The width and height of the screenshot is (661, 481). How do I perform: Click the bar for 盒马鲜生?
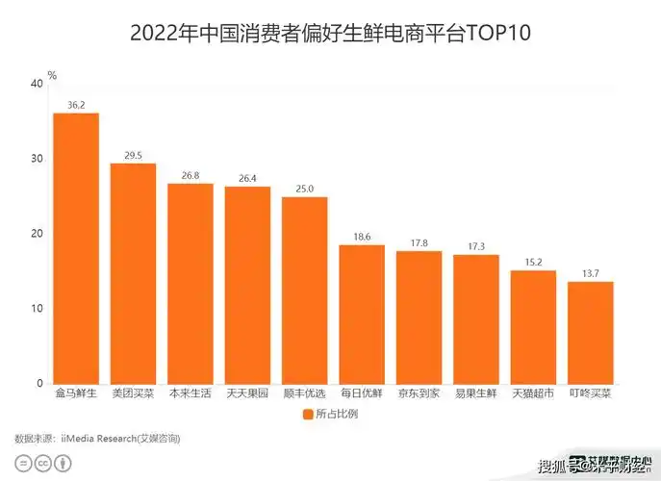point(76,248)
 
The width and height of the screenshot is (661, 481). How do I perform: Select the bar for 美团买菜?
point(133,273)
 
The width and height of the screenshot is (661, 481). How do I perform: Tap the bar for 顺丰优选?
point(304,290)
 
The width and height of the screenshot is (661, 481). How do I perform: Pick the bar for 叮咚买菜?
point(590,332)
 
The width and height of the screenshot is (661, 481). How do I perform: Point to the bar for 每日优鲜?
point(362,314)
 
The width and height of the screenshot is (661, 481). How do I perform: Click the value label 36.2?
point(76,104)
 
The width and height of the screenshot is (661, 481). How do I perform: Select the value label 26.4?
point(247,177)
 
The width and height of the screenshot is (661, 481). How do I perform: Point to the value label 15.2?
point(533,261)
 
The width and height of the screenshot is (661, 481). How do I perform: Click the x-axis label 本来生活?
point(191,394)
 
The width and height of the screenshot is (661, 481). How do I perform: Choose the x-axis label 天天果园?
point(247,394)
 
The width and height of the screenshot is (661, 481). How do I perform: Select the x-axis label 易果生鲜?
point(475,394)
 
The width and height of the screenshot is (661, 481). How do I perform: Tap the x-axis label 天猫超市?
point(533,394)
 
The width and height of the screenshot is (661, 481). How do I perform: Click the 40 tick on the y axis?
point(37,84)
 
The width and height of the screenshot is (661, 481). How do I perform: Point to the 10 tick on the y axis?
point(37,309)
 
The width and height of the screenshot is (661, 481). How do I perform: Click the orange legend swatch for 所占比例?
point(308,415)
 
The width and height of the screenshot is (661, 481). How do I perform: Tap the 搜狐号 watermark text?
point(561,468)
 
